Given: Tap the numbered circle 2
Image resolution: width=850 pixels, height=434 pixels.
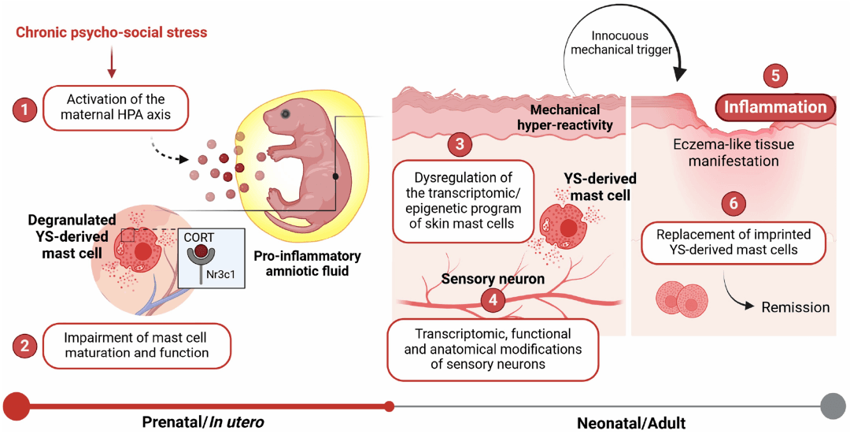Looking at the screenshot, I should pyautogui.click(x=25, y=345).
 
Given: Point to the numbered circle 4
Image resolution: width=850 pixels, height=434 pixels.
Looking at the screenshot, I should pyautogui.click(x=493, y=299).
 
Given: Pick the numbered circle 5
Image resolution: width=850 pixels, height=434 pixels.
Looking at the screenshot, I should pyautogui.click(x=775, y=76).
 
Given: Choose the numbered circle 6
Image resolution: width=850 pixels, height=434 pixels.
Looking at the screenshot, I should pyautogui.click(x=734, y=203).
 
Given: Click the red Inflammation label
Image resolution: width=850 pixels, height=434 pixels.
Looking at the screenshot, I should pyautogui.click(x=775, y=107).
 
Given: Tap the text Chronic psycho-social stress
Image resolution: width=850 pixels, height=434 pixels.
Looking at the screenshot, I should pyautogui.click(x=112, y=33).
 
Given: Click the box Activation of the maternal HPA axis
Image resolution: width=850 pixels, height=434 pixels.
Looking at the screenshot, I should pyautogui.click(x=116, y=107).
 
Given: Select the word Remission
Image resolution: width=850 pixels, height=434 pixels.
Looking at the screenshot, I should pyautogui.click(x=795, y=307).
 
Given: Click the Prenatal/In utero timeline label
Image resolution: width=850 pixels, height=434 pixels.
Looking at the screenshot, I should pyautogui.click(x=202, y=422).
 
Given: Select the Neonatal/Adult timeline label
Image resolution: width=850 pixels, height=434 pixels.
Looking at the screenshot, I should pyautogui.click(x=631, y=423).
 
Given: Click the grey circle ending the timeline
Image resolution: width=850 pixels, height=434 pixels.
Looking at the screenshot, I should pyautogui.click(x=832, y=406).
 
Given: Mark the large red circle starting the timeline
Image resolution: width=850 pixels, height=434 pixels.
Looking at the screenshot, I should pyautogui.click(x=17, y=406).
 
